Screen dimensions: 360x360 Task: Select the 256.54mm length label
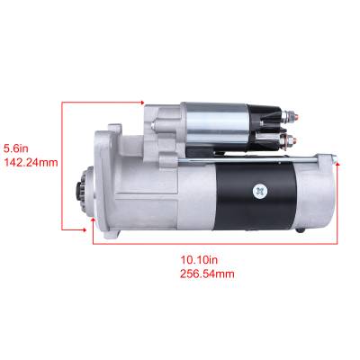207,274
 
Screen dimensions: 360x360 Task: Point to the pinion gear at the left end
81,191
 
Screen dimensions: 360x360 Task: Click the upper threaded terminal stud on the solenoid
294,116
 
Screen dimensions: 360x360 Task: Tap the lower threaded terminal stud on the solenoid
294,139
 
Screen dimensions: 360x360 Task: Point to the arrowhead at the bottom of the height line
94,217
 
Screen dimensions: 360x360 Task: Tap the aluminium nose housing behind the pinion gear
117,184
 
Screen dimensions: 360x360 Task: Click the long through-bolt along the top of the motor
270,158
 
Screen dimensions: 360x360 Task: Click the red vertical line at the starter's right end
339,202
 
